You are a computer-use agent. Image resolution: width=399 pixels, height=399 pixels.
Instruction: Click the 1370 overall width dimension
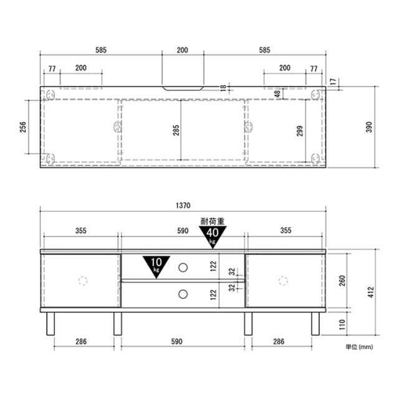pos(183,205)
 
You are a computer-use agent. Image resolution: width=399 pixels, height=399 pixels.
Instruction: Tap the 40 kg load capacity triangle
pos(213,236)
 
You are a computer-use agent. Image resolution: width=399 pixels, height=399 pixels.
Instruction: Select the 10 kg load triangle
pos(156,266)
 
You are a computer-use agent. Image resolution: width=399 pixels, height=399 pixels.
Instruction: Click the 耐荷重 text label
pos(213,221)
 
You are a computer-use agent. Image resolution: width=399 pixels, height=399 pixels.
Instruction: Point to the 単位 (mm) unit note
pos(359,347)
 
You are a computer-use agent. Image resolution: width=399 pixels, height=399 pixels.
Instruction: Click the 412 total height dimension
pos(371,292)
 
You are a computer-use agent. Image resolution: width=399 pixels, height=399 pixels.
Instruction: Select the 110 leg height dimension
pos(342,324)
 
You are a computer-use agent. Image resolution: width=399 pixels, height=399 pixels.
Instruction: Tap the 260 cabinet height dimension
pos(342,281)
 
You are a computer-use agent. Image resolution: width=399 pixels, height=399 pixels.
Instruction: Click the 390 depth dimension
pos(368,127)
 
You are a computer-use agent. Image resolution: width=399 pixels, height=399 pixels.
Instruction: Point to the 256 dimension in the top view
pos(23,127)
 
